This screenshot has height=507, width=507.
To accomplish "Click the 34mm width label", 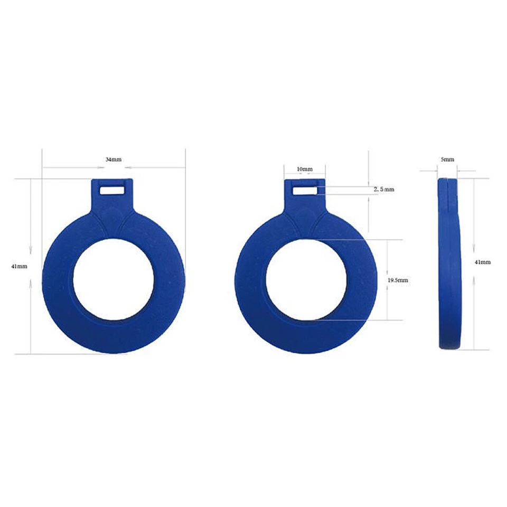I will [114, 159].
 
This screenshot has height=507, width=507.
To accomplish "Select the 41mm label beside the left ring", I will [19, 266].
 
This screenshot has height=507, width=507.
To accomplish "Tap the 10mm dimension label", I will [305, 169].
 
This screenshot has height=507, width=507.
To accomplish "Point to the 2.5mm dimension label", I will [383, 189].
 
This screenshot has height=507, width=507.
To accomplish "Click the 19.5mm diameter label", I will [398, 280].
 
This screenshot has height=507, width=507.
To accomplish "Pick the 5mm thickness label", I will [447, 159].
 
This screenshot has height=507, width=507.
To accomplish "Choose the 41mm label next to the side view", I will [483, 262].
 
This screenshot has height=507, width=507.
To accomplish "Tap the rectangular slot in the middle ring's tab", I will [305, 189].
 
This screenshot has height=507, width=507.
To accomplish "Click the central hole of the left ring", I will [114, 279].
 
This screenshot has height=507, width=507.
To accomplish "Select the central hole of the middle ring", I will [306, 279].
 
